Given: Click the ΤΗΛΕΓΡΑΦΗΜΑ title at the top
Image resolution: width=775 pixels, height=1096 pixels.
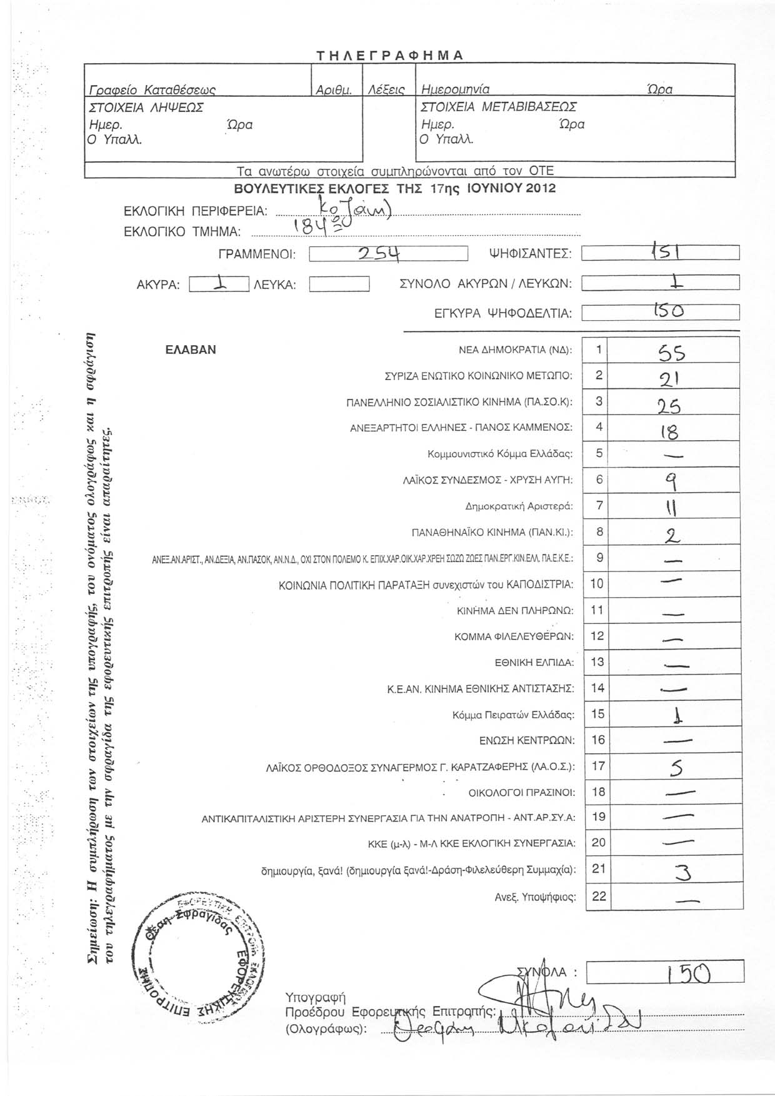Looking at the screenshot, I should pyautogui.click(x=388, y=55).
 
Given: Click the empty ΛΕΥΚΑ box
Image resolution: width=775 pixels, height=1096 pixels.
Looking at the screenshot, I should pyautogui.click(x=339, y=285).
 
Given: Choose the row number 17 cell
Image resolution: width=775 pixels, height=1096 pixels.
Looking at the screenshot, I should pyautogui.click(x=598, y=766).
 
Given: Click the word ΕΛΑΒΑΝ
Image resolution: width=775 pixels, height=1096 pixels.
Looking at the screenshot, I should pyautogui.click(x=191, y=350).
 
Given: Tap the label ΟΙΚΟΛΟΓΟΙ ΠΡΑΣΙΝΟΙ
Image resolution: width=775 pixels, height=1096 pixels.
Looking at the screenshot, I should pyautogui.click(x=521, y=793).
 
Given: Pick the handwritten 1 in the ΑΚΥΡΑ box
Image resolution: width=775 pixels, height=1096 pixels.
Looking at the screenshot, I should pyautogui.click(x=218, y=284).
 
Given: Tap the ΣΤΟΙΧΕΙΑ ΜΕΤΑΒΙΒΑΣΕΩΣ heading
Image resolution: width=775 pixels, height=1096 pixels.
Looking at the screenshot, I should pyautogui.click(x=499, y=106).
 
